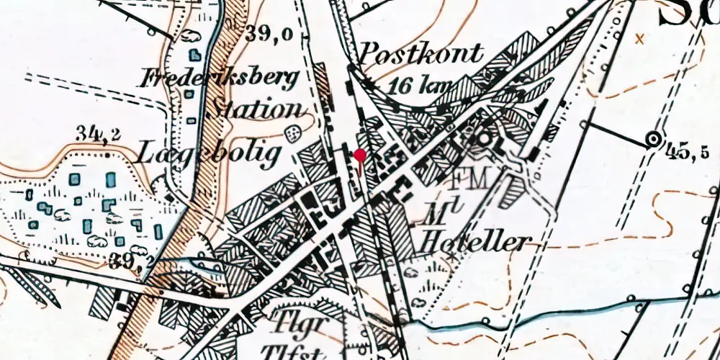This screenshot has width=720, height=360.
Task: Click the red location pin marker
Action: [x=360, y=154]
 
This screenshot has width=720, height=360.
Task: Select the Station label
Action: [x=256, y=109]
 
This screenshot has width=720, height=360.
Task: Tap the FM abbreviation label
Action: [x=469, y=177]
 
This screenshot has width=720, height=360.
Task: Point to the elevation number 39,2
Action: [x=132, y=261]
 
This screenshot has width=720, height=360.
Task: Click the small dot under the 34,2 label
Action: [x=107, y=153]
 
